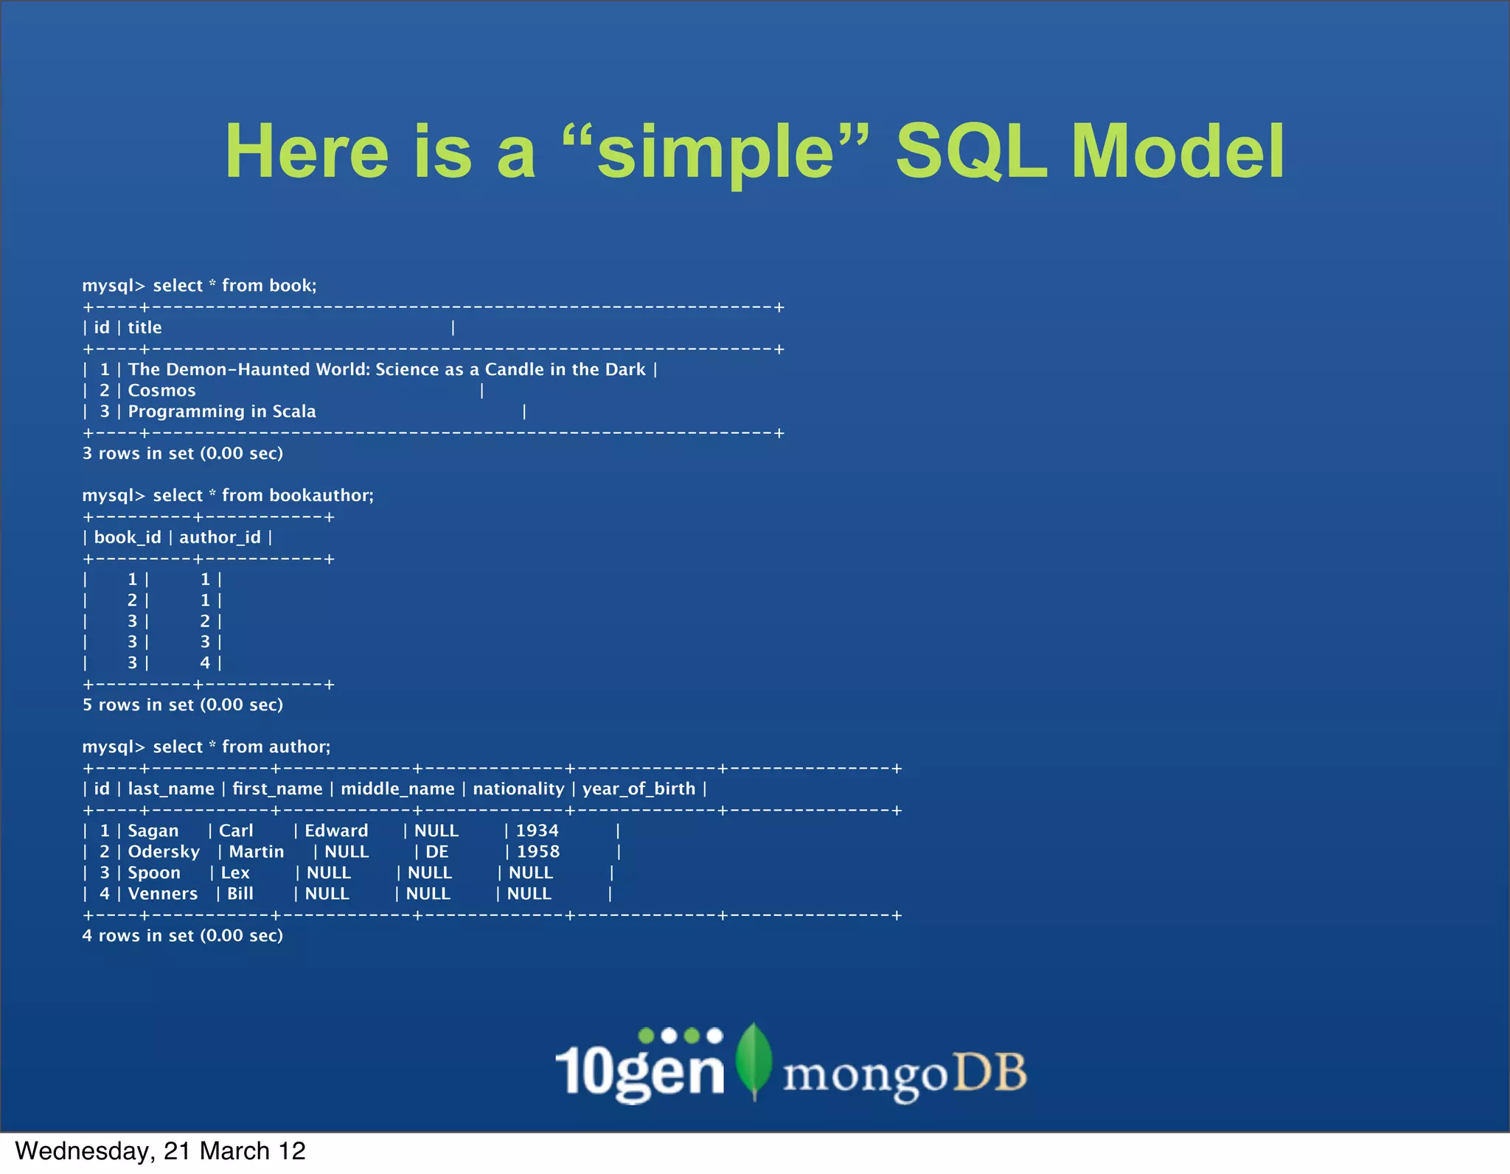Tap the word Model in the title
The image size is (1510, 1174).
[x=1177, y=152]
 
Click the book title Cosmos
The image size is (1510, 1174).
[x=161, y=391]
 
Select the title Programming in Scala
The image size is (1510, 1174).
[x=222, y=411]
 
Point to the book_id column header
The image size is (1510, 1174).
[x=127, y=537]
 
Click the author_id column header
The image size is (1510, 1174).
[x=220, y=537]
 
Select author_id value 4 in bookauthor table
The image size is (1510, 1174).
[x=205, y=663]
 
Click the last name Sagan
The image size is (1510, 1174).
[x=153, y=831]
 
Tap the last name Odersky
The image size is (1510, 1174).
[x=164, y=851]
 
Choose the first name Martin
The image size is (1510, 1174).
[x=256, y=851]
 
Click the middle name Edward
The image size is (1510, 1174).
[x=336, y=831]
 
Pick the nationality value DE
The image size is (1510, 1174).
[x=436, y=851]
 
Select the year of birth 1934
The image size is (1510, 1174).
[x=537, y=831]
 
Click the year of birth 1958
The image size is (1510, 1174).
[x=538, y=851]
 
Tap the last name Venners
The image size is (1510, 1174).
[x=162, y=893]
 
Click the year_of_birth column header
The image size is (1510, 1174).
[x=639, y=789]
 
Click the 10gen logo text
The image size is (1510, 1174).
[x=639, y=1070]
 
